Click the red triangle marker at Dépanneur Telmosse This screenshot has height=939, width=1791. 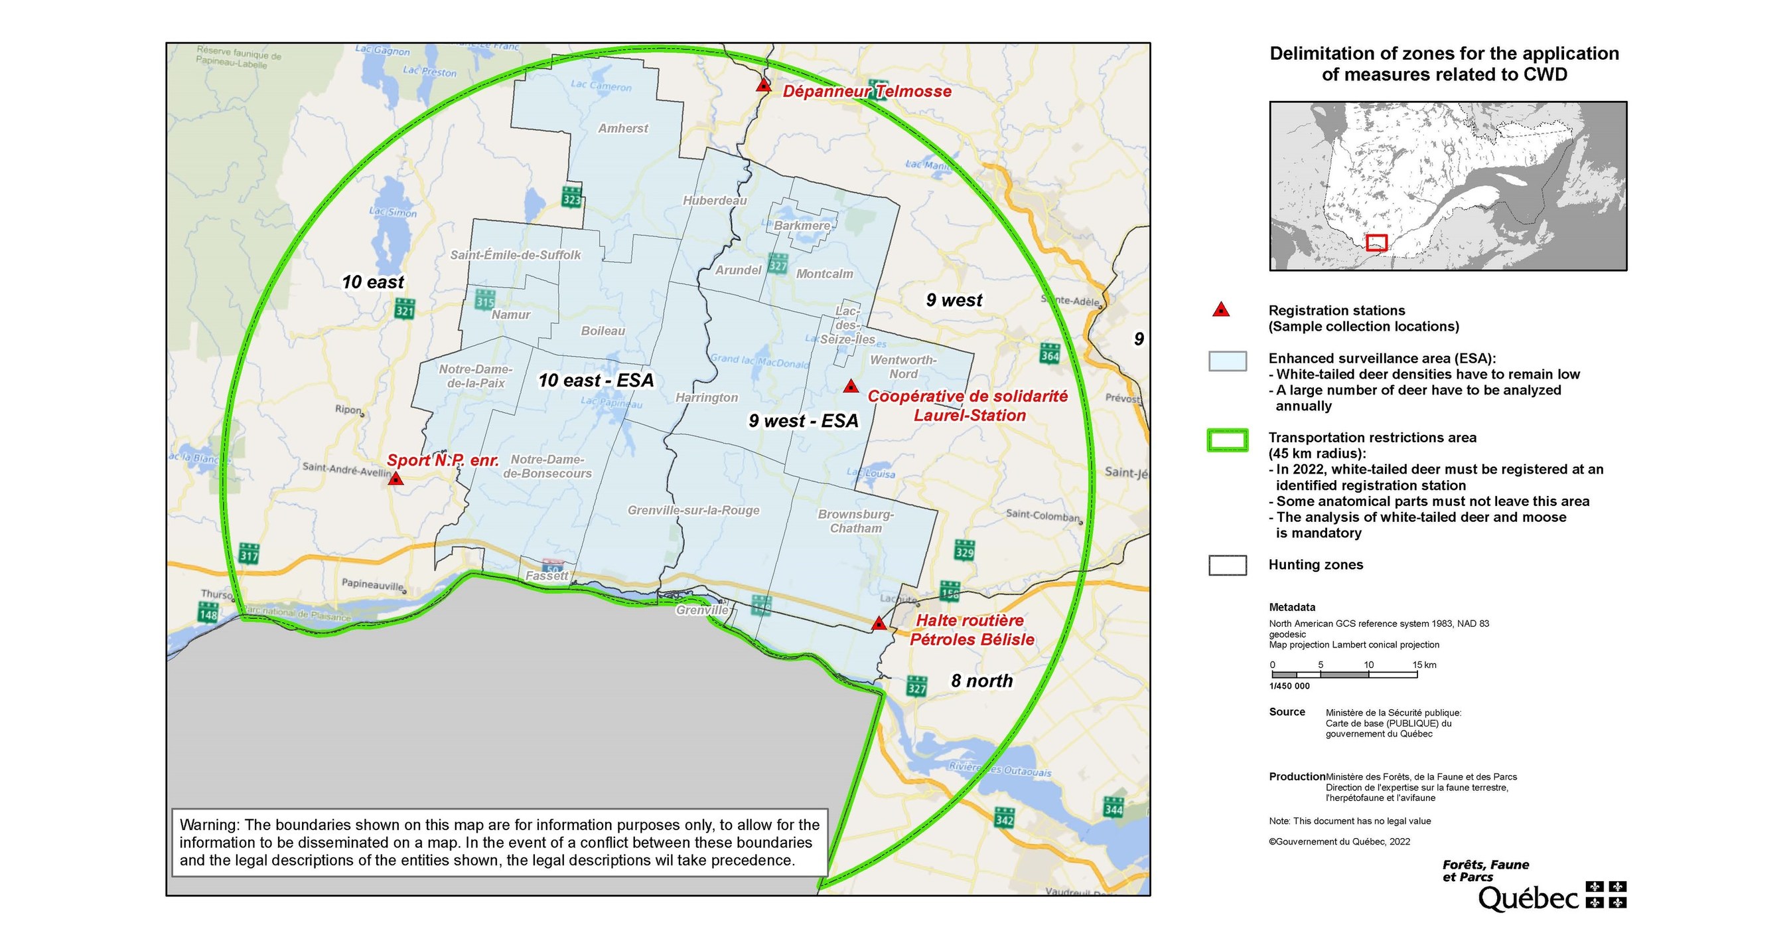pos(763,86)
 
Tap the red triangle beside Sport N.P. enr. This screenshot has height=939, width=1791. pos(395,479)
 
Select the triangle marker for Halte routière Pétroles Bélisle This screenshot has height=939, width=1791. pos(878,623)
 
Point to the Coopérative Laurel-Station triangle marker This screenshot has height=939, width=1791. pos(850,386)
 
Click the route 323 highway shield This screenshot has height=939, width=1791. pos(571,197)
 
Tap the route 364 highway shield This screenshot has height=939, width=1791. pos(1050,353)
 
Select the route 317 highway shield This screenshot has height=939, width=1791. pos(249,553)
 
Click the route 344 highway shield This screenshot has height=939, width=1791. pos(1113,807)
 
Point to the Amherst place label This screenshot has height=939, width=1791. pos(623,129)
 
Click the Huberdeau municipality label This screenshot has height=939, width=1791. pos(715,201)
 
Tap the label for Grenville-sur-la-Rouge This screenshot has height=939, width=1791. pos(693,511)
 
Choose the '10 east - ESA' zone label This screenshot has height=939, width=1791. pos(596,381)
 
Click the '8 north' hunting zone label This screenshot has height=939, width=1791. pos(981,681)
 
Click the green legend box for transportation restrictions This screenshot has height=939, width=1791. pos(1228,440)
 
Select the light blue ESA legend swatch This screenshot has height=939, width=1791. pos(1228,361)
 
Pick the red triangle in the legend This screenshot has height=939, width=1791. pos(1221,310)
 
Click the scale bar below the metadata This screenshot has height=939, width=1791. pos(1344,675)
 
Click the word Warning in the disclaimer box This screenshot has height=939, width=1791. pos(209,825)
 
